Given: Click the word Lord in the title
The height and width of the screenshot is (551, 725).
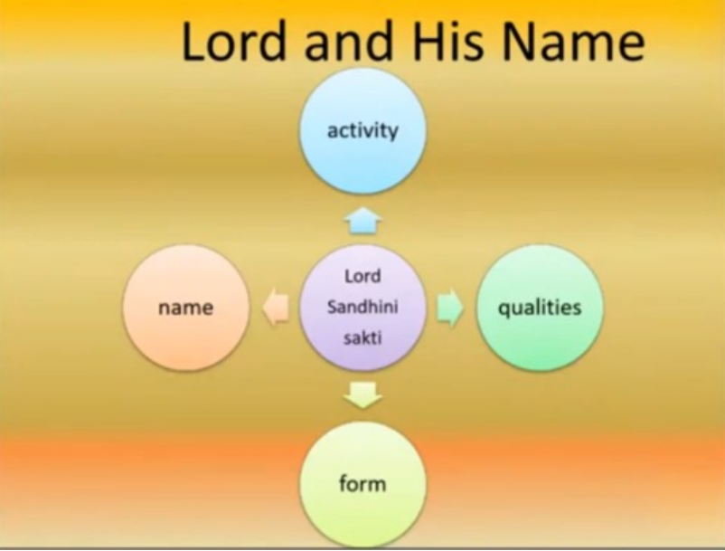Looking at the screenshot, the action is [233, 41].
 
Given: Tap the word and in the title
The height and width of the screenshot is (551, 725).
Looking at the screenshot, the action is [349, 41].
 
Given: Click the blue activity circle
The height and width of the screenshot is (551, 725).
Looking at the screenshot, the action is [362, 131].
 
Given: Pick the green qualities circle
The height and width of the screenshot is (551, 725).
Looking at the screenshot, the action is [540, 308].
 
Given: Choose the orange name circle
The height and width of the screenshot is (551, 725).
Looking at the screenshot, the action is [186, 308].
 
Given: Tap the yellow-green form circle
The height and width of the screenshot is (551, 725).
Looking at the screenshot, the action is [362, 484].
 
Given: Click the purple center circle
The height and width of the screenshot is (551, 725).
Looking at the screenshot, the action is [362, 308].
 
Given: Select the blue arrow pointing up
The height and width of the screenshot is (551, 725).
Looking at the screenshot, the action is [363, 221].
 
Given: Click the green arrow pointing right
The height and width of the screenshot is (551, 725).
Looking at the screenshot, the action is [449, 308].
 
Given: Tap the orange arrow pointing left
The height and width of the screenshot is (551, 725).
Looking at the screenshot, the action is [276, 308].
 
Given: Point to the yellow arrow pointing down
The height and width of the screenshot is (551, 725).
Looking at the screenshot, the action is [363, 394].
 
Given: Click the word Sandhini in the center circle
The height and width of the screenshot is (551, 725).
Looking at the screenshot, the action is [362, 307].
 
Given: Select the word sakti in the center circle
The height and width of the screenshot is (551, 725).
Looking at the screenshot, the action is [362, 337].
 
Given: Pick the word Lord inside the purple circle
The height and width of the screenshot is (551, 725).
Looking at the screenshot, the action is [362, 276].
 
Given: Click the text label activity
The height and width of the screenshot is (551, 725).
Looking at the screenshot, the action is [362, 131].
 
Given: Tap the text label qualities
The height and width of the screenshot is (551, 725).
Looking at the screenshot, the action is [540, 308].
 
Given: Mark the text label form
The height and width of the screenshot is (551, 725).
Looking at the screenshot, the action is [362, 484].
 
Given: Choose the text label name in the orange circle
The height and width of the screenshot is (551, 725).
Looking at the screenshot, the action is [186, 309].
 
